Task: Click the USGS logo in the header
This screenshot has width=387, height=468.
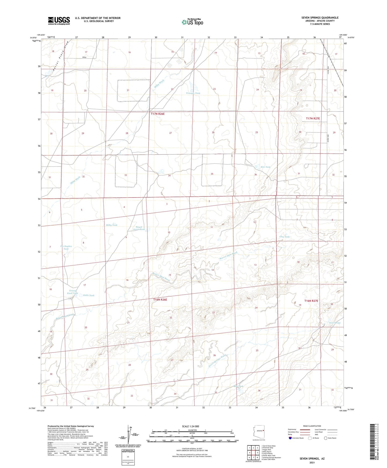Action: pyautogui.click(x=59, y=21)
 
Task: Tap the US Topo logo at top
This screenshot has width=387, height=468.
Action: pyautogui.click(x=192, y=22)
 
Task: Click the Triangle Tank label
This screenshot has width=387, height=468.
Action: pyautogui.click(x=193, y=93)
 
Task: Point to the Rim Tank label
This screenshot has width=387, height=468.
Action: pyautogui.click(x=265, y=167)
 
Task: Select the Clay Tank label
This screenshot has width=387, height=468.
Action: pyautogui.click(x=284, y=237)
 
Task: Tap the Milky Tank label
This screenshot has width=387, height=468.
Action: pyautogui.click(x=111, y=225)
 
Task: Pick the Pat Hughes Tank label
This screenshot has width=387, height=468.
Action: pyautogui.click(x=66, y=247)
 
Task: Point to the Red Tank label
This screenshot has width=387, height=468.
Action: pyautogui.click(x=238, y=386)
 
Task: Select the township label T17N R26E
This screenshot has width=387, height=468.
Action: pyautogui.click(x=157, y=114)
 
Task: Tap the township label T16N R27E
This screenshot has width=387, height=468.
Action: pyautogui.click(x=311, y=301)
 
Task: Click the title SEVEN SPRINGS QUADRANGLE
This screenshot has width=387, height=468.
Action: pyautogui.click(x=320, y=18)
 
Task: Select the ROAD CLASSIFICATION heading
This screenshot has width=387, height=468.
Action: pyautogui.click(x=312, y=426)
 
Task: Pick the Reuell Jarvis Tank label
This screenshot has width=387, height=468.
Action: pyautogui.click(x=139, y=228)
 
